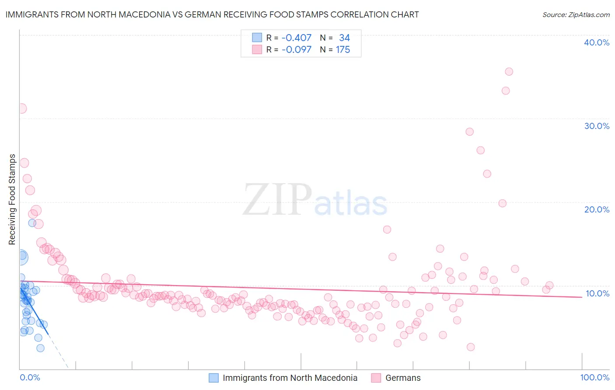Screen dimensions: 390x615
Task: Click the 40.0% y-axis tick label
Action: (596, 42)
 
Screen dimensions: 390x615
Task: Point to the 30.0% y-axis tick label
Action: (596, 126)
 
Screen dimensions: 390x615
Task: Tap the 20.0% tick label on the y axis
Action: (596, 209)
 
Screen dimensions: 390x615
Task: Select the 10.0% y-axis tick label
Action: (597, 293)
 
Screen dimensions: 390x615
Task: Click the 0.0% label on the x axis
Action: (30, 377)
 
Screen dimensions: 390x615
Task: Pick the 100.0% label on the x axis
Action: (594, 377)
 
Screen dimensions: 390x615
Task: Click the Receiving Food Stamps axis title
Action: (12, 199)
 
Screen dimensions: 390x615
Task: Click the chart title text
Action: (212, 14)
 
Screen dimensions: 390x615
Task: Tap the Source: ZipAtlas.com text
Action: (576, 14)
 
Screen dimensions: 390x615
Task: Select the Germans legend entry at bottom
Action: (402, 378)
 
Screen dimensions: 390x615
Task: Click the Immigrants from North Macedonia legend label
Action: (290, 378)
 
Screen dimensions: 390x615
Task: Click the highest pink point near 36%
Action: (509, 72)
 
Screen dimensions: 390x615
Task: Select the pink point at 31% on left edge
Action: (21, 108)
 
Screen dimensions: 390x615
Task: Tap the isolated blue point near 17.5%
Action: (32, 223)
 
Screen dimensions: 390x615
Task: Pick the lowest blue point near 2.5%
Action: (40, 348)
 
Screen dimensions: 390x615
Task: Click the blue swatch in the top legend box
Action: (257, 38)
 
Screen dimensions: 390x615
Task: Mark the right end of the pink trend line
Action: (582, 297)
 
